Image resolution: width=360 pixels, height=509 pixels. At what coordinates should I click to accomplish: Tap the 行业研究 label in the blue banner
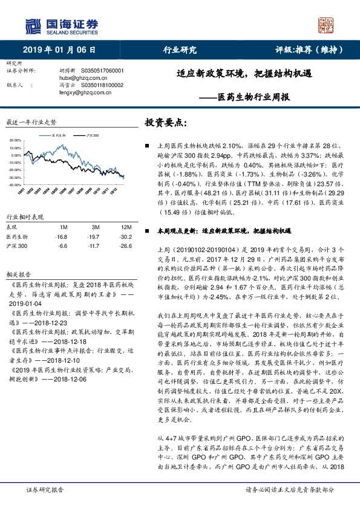click(x=180, y=50)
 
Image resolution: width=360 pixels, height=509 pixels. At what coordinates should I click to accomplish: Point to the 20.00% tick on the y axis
click(x=15, y=140)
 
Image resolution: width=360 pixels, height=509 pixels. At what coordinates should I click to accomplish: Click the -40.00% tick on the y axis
click(x=15, y=185)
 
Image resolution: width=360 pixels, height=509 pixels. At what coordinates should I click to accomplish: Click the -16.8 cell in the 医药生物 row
click(x=61, y=237)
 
